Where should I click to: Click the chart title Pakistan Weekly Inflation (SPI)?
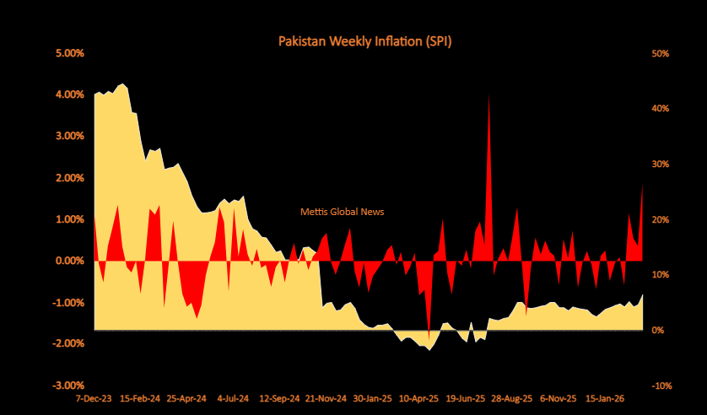click(365, 40)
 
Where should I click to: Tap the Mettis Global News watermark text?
click(342, 212)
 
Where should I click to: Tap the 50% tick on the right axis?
click(661, 53)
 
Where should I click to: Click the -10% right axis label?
click(661, 385)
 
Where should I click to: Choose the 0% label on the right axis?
click(658, 330)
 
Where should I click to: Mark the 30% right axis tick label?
click(661, 164)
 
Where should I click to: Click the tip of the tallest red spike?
click(489, 94)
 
